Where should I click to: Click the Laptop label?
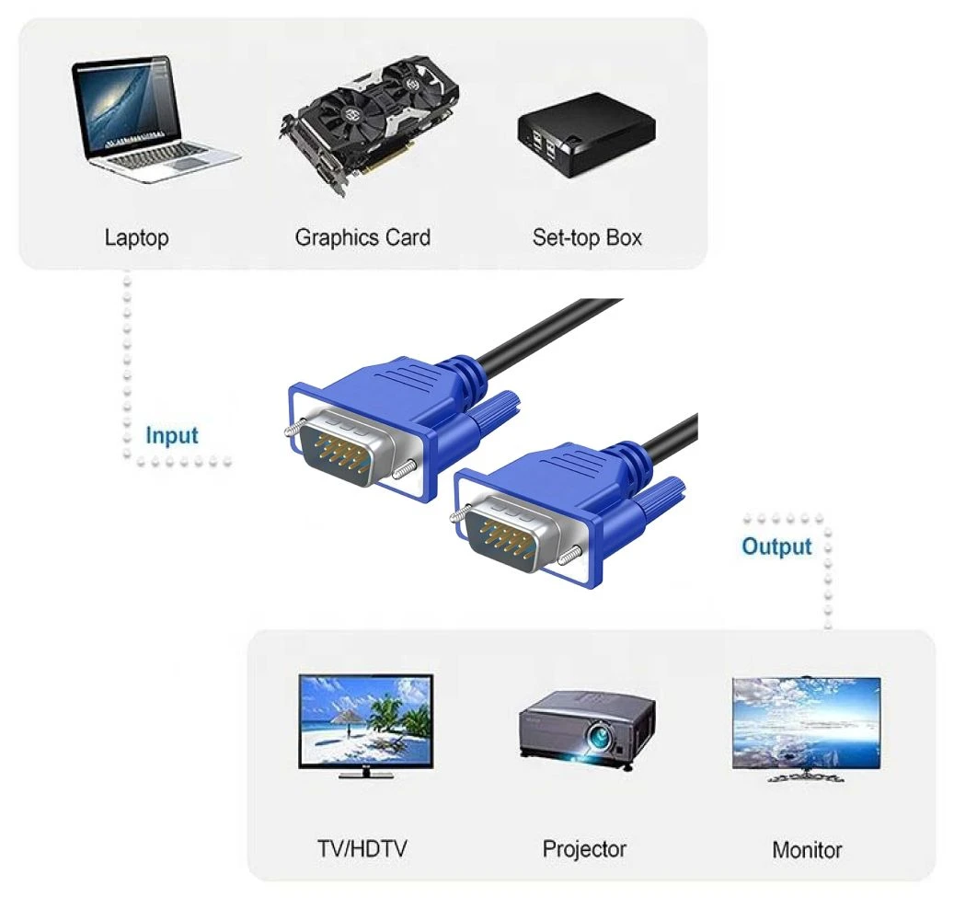(x=136, y=238)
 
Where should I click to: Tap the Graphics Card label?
(x=362, y=237)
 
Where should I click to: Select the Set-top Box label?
(x=587, y=237)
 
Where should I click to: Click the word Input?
(x=172, y=436)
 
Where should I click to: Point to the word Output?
(x=777, y=546)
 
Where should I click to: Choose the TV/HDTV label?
(x=362, y=849)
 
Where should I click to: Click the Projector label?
(x=584, y=849)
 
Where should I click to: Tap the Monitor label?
(x=807, y=850)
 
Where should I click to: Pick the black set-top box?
(x=587, y=135)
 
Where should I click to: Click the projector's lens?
(x=599, y=737)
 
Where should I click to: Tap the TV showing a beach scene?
(x=365, y=726)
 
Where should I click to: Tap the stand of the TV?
(x=365, y=774)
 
